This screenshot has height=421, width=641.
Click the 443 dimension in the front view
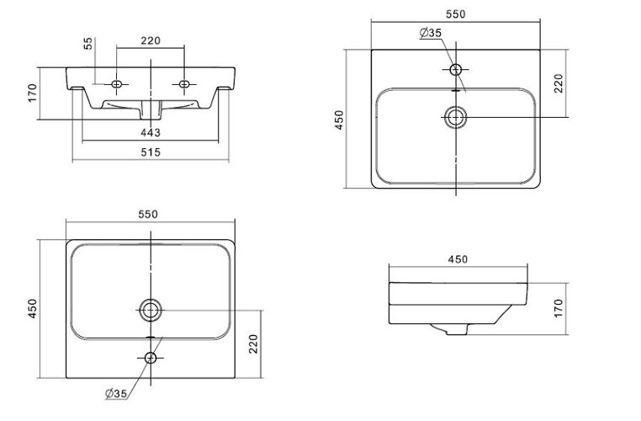[x=151, y=132]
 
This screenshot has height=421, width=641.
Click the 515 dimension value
[x=151, y=152]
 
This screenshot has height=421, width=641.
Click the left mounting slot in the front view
[x=116, y=83]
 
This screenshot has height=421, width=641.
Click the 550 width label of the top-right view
[x=456, y=14]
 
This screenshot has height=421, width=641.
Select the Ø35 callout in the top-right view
[x=431, y=33]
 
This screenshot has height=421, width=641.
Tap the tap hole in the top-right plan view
[x=456, y=69]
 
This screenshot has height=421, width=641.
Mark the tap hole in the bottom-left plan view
[x=151, y=358]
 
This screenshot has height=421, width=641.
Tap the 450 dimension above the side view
[x=458, y=258]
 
